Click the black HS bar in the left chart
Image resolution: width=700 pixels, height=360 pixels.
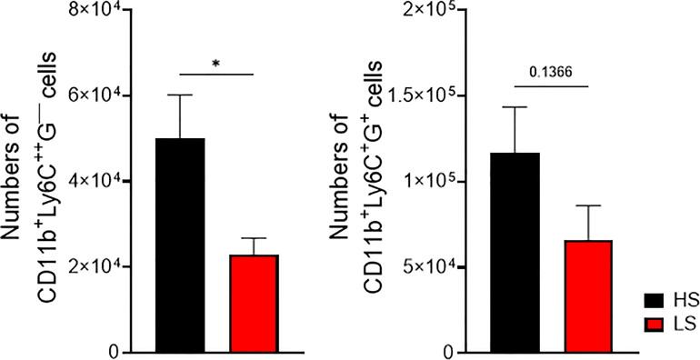(x=179, y=245)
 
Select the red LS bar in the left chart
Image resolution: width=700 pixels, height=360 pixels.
(x=254, y=304)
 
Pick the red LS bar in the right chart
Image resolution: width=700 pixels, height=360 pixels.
(x=588, y=296)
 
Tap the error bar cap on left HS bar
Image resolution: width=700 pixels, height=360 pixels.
(x=179, y=95)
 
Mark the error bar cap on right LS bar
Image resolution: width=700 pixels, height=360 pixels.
(x=588, y=206)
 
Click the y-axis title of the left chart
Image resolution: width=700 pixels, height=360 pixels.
(x=36, y=182)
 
